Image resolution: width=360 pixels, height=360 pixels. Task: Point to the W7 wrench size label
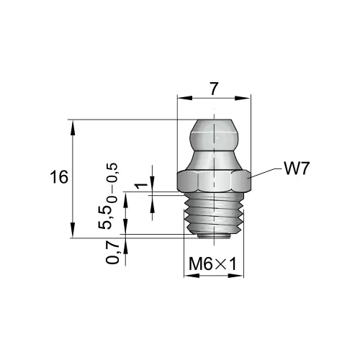pyautogui.click(x=296, y=168)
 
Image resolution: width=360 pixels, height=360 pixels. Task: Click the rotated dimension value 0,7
pyautogui.click(x=113, y=253)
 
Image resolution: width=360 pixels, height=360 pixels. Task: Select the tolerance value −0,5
pyautogui.click(x=112, y=174)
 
